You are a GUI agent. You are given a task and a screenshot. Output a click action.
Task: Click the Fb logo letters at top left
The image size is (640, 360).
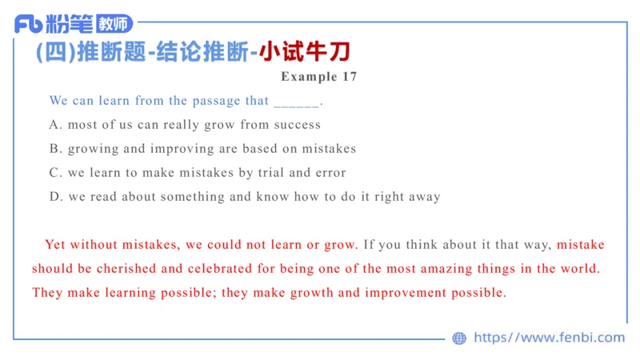(x=29, y=24)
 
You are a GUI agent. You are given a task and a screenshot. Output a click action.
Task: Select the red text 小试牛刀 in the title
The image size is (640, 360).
(x=304, y=52)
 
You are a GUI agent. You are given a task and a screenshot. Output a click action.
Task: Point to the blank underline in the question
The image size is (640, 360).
(x=296, y=102)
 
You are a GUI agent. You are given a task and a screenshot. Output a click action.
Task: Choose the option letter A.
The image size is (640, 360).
(x=54, y=125)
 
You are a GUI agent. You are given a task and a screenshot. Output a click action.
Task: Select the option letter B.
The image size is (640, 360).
(x=54, y=149)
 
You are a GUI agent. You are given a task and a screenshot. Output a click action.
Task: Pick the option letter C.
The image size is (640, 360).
(x=54, y=173)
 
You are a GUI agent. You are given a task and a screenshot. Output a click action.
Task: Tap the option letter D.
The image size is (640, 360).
(x=54, y=197)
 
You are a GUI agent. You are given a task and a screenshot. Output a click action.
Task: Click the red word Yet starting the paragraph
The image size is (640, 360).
(x=55, y=245)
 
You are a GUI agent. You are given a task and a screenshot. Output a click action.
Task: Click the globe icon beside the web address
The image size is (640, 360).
(x=459, y=338)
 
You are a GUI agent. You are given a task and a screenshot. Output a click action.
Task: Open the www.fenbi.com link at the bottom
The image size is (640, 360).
(x=549, y=338)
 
